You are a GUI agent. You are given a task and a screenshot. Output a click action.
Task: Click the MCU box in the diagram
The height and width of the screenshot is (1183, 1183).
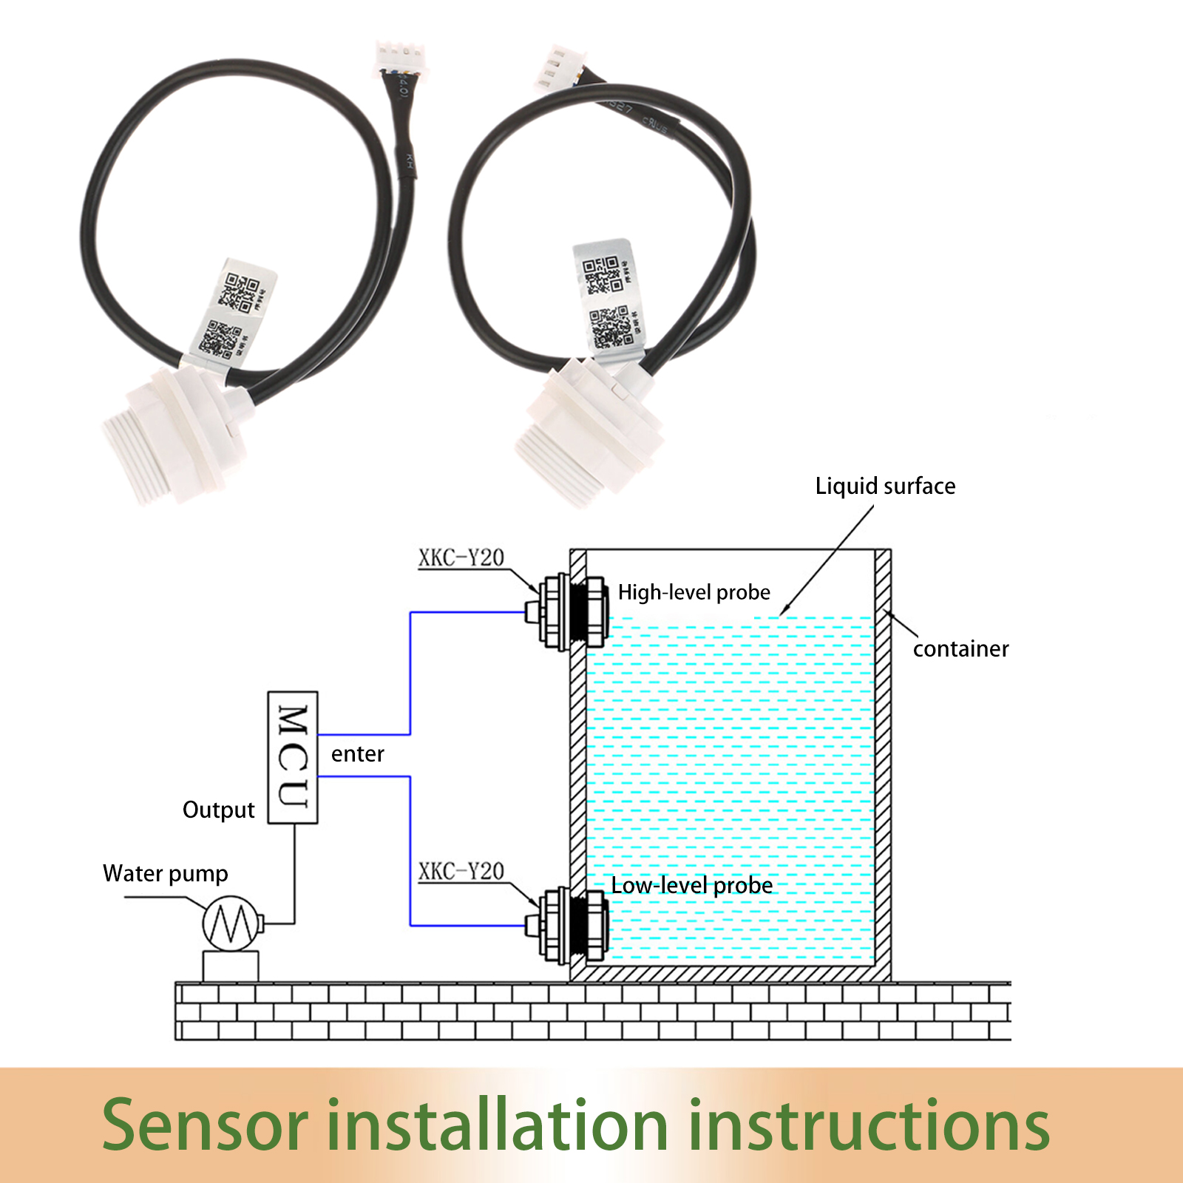(x=293, y=757)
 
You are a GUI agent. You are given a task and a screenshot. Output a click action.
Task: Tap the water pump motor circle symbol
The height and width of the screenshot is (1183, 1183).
(x=231, y=923)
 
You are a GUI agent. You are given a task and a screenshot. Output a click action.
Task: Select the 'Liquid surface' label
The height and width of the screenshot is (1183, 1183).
(x=885, y=487)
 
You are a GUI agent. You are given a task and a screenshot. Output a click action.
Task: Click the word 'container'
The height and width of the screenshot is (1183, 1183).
(x=960, y=649)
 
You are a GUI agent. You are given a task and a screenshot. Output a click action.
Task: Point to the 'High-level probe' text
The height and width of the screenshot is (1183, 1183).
(x=694, y=592)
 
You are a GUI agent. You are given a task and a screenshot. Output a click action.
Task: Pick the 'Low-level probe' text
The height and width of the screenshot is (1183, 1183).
(x=691, y=886)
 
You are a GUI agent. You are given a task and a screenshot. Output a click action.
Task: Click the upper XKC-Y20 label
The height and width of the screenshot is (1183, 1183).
(x=461, y=557)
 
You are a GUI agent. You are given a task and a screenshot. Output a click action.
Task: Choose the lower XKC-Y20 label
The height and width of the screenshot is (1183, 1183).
(x=461, y=871)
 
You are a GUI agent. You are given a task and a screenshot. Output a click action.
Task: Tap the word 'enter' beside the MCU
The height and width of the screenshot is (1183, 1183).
(x=357, y=754)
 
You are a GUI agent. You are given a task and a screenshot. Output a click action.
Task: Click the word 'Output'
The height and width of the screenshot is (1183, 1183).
(x=218, y=810)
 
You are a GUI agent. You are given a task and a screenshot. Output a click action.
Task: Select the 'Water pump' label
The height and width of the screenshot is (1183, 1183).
(x=165, y=874)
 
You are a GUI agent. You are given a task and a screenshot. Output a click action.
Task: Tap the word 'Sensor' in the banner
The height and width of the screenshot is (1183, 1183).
(x=204, y=1125)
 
